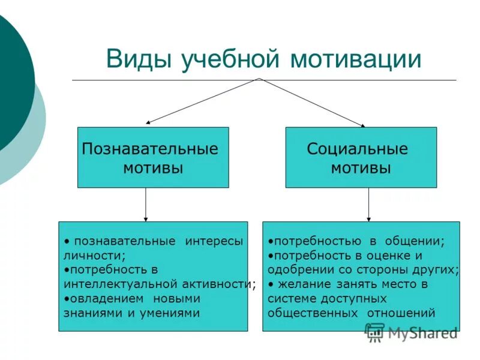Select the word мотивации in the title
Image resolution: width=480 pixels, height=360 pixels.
(356, 60)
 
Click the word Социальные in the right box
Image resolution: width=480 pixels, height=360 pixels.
(358, 149)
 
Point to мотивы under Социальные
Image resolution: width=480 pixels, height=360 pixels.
(361, 168)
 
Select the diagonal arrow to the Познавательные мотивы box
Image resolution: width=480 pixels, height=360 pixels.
(201, 101)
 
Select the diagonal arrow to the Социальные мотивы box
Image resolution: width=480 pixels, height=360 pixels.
(312, 102)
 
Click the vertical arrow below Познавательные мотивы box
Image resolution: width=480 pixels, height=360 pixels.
(146, 205)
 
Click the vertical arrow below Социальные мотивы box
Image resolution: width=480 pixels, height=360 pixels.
(368, 205)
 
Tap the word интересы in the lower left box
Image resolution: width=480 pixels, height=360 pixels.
(214, 241)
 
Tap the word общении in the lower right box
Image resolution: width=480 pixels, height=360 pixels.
(415, 241)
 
